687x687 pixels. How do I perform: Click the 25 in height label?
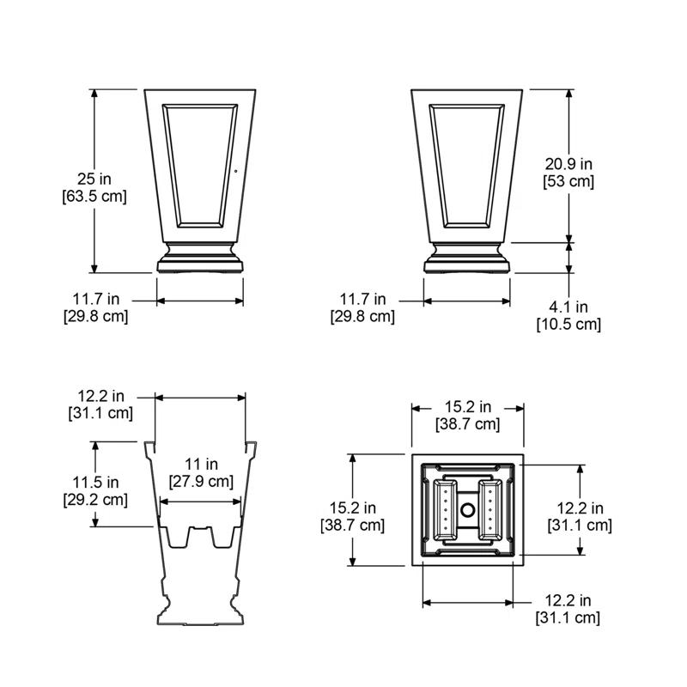[x=94, y=179]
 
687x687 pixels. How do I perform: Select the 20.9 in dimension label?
[x=568, y=163]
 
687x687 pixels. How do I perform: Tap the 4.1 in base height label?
[x=568, y=307]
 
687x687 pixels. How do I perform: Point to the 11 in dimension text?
[x=200, y=464]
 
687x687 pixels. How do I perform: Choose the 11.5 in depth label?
[x=95, y=481]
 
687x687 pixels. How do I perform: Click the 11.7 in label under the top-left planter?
[x=95, y=299]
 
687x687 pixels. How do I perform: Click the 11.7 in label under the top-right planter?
[x=362, y=299]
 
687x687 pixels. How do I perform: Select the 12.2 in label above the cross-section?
[x=100, y=396]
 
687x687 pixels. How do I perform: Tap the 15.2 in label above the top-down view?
[x=467, y=407]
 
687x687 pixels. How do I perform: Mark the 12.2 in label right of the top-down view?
[x=580, y=508]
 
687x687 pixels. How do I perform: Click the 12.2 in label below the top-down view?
[x=568, y=600]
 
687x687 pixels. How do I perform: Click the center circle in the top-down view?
[x=468, y=510]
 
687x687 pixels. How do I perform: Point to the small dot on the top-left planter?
[x=237, y=170]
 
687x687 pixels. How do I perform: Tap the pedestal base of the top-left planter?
[x=200, y=258]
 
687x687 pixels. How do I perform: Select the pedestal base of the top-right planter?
[x=468, y=258]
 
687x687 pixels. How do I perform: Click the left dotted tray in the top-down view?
[x=447, y=510]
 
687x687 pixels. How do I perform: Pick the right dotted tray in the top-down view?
[x=489, y=510]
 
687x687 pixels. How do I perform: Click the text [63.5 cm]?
[x=94, y=196]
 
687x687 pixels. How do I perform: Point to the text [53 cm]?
[x=568, y=181]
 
